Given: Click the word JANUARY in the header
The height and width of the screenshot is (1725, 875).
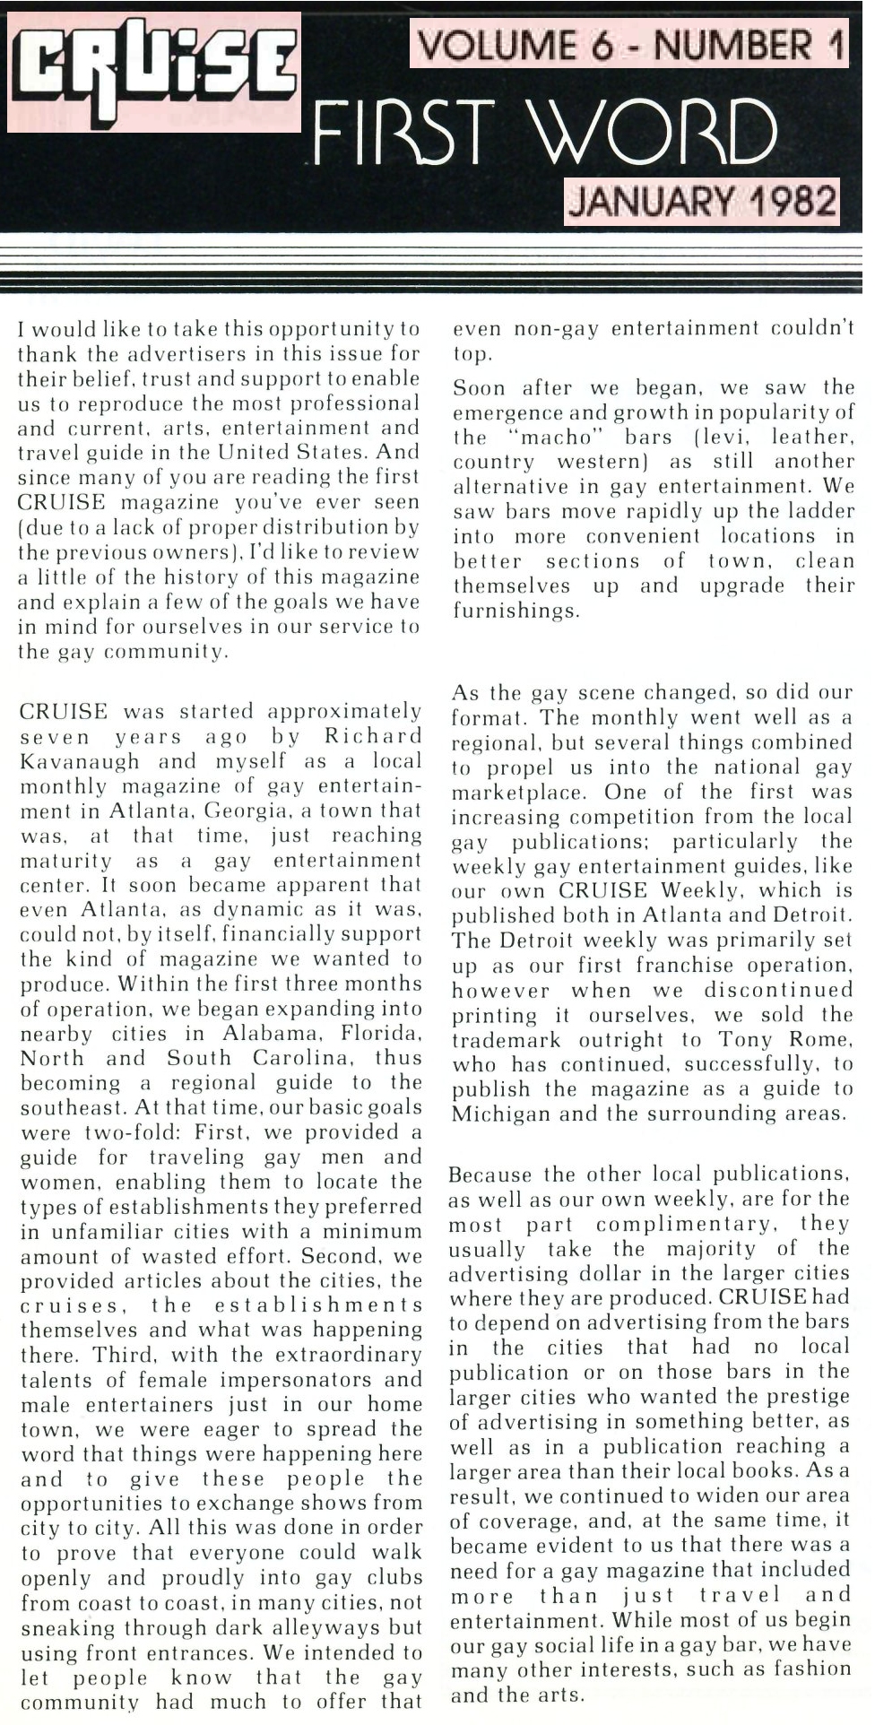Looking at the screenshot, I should (x=652, y=202).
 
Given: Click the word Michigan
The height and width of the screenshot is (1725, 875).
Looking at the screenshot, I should (x=498, y=1114).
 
